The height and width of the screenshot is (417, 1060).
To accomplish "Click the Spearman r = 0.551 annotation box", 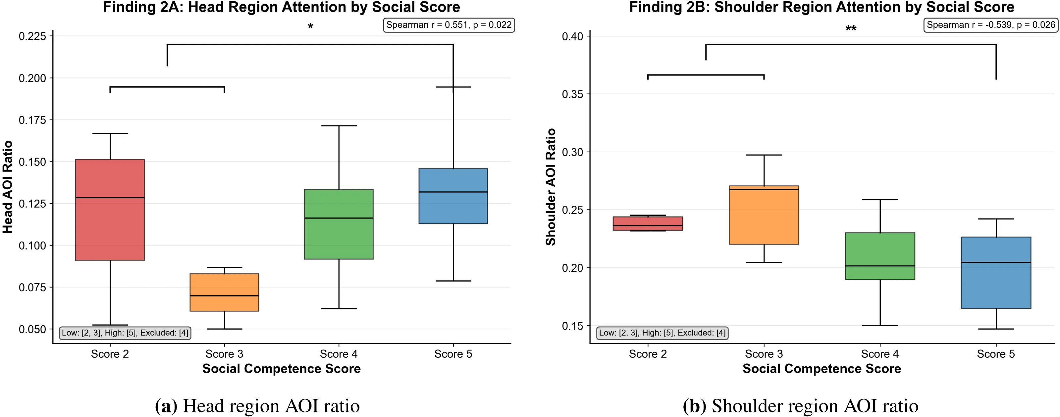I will pyautogui.click(x=449, y=25).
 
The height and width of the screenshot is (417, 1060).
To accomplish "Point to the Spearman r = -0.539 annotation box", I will pyautogui.click(x=991, y=25).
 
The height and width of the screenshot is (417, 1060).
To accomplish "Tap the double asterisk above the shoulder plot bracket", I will pyautogui.click(x=851, y=29).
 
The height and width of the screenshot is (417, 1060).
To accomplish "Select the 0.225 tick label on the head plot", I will pyautogui.click(x=32, y=36).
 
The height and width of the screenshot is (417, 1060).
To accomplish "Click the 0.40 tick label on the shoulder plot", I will pyautogui.click(x=572, y=36).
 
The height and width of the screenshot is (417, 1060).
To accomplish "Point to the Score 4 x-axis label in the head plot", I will pyautogui.click(x=339, y=354).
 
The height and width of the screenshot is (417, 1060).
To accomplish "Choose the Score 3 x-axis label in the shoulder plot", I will pyautogui.click(x=764, y=354).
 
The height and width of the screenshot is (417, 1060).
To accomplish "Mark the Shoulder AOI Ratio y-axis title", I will pyautogui.click(x=551, y=187).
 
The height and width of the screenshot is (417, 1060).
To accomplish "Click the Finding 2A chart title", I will pyautogui.click(x=282, y=7).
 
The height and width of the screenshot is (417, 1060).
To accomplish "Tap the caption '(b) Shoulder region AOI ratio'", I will pyautogui.click(x=800, y=406).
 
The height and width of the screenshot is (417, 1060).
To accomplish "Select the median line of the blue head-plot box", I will pyautogui.click(x=453, y=192).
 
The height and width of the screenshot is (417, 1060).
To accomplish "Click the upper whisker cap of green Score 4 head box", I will pyautogui.click(x=339, y=126).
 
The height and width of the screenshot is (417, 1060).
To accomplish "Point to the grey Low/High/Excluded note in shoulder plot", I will pyautogui.click(x=662, y=333).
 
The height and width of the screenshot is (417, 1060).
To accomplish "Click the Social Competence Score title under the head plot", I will pyautogui.click(x=282, y=368).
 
